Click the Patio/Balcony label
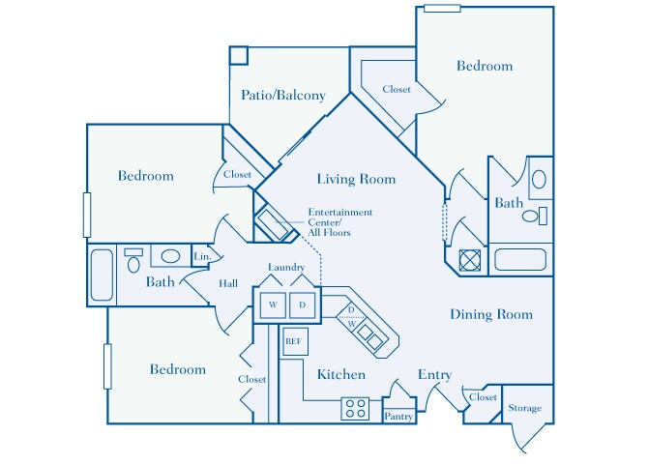tap(282, 96)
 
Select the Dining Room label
tap(490, 314)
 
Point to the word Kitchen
tap(341, 374)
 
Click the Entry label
tap(435, 374)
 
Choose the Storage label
tap(525, 408)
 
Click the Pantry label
tap(398, 416)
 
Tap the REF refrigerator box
tap(292, 341)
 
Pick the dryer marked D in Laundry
tap(301, 305)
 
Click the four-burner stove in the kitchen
tap(355, 409)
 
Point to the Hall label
tap(228, 283)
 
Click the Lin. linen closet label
tap(201, 256)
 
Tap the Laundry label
tap(287, 268)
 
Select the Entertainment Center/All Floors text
tap(339, 222)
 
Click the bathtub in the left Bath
tap(102, 275)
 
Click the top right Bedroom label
tap(485, 66)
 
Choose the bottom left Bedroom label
tap(178, 369)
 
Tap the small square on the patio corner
tap(239, 55)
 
